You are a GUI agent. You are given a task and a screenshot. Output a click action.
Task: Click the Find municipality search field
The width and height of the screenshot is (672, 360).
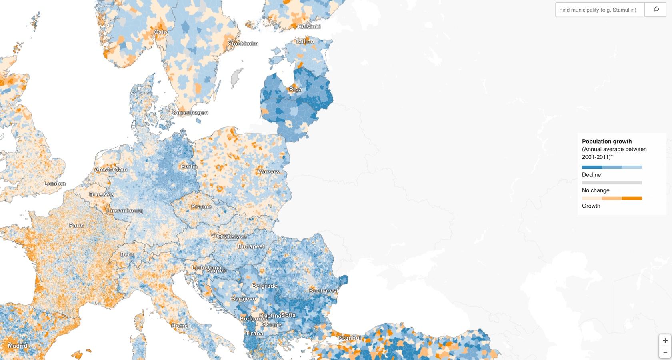tap(599, 10)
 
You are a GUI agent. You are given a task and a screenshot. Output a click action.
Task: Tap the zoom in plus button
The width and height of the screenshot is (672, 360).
tap(665, 340)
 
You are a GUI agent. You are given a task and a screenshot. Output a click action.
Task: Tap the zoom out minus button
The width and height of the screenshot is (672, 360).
tap(665, 352)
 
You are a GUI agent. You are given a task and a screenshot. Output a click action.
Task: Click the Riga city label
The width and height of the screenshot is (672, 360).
tap(296, 90)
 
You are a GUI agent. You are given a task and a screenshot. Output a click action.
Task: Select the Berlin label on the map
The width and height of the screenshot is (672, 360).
tap(189, 167)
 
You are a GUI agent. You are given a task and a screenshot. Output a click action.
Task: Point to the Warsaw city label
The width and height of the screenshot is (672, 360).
tap(268, 172)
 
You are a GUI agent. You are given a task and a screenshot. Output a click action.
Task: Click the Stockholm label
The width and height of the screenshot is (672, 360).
tap(243, 44)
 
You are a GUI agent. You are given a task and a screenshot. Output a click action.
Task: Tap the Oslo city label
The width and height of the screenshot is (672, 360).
tap(161, 32)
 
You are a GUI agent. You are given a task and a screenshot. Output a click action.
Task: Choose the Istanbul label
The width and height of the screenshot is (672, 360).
tap(350, 338)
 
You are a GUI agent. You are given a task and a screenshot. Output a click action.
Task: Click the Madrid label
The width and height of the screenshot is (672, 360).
tap(18, 346)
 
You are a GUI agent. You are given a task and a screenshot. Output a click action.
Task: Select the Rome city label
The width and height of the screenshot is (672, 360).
tap(179, 326)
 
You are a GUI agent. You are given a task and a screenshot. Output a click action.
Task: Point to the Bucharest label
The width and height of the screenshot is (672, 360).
tap(323, 291)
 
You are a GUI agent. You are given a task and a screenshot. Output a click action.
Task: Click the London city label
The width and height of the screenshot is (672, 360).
tap(54, 184)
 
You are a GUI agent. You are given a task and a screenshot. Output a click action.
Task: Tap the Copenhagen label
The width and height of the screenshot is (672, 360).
tap(190, 113)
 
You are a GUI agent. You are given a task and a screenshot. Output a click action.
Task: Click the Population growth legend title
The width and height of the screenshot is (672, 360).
tap(606, 141)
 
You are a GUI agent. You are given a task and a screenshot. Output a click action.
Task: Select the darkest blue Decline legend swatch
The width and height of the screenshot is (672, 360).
tap(592, 167)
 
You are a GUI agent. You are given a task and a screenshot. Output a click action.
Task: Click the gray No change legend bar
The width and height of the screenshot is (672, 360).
tap(612, 183)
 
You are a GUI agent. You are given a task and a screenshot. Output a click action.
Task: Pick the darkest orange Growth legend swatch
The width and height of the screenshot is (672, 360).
tap(632, 198)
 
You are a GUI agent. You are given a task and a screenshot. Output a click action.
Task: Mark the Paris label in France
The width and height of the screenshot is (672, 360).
tap(76, 226)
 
